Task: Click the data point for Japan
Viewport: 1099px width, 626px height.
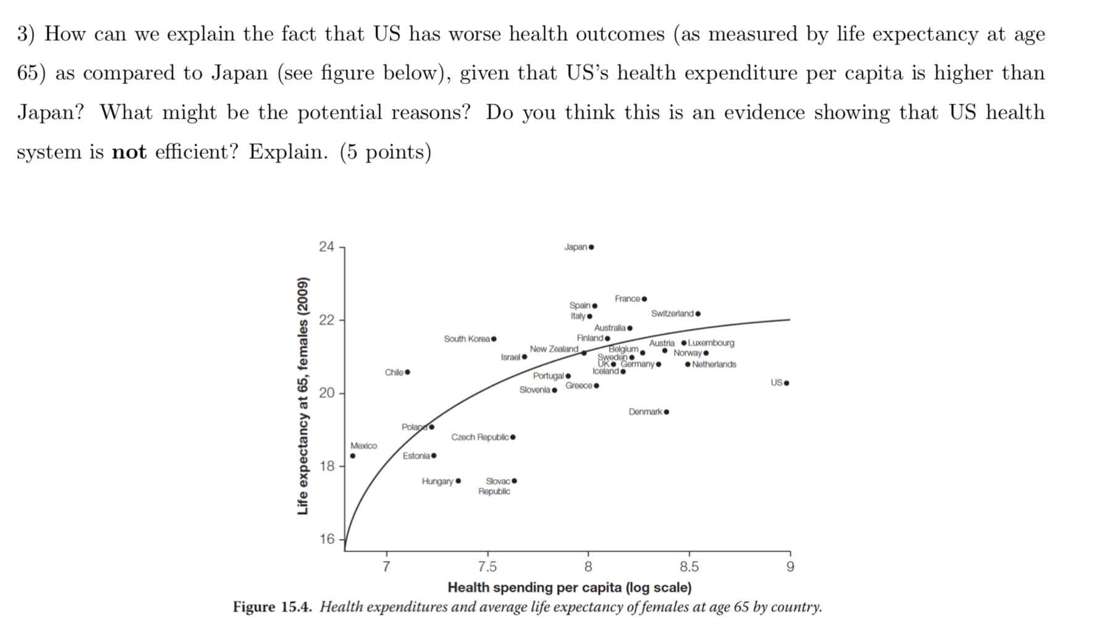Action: (x=591, y=247)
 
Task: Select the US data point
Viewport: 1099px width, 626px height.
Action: (x=786, y=383)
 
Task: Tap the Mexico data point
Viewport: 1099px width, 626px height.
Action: (x=352, y=456)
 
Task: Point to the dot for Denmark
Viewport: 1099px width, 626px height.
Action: (x=666, y=412)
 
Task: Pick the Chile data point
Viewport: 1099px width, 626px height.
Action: (x=407, y=372)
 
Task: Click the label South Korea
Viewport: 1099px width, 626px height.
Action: (x=466, y=339)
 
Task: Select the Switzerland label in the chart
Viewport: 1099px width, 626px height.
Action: (x=672, y=313)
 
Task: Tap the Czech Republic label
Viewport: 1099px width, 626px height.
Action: (x=480, y=437)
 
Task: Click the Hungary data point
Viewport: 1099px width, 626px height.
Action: (x=458, y=481)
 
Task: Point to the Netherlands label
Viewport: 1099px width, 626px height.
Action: (x=714, y=364)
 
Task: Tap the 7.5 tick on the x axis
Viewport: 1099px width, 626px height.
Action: (x=487, y=567)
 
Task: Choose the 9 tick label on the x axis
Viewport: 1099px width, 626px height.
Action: (x=790, y=567)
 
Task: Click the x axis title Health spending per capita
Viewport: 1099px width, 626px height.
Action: (x=569, y=587)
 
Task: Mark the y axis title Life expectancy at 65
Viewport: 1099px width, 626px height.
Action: (x=302, y=396)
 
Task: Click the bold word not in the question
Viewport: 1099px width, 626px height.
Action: (x=128, y=152)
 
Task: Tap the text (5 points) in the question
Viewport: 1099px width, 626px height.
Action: (x=385, y=152)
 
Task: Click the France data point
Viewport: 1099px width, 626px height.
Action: (x=644, y=299)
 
